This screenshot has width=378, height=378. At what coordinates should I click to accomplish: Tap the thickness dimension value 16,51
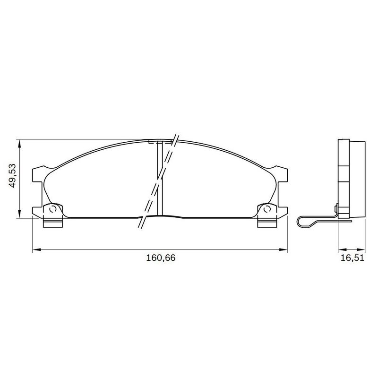click(x=350, y=258)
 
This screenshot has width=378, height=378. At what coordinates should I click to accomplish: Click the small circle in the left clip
click(x=53, y=209)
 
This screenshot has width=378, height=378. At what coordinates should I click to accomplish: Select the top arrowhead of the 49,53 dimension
click(x=19, y=142)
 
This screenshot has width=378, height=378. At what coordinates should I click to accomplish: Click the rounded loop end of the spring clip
click(x=300, y=221)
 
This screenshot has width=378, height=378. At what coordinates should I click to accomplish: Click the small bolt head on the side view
click(x=336, y=207)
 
